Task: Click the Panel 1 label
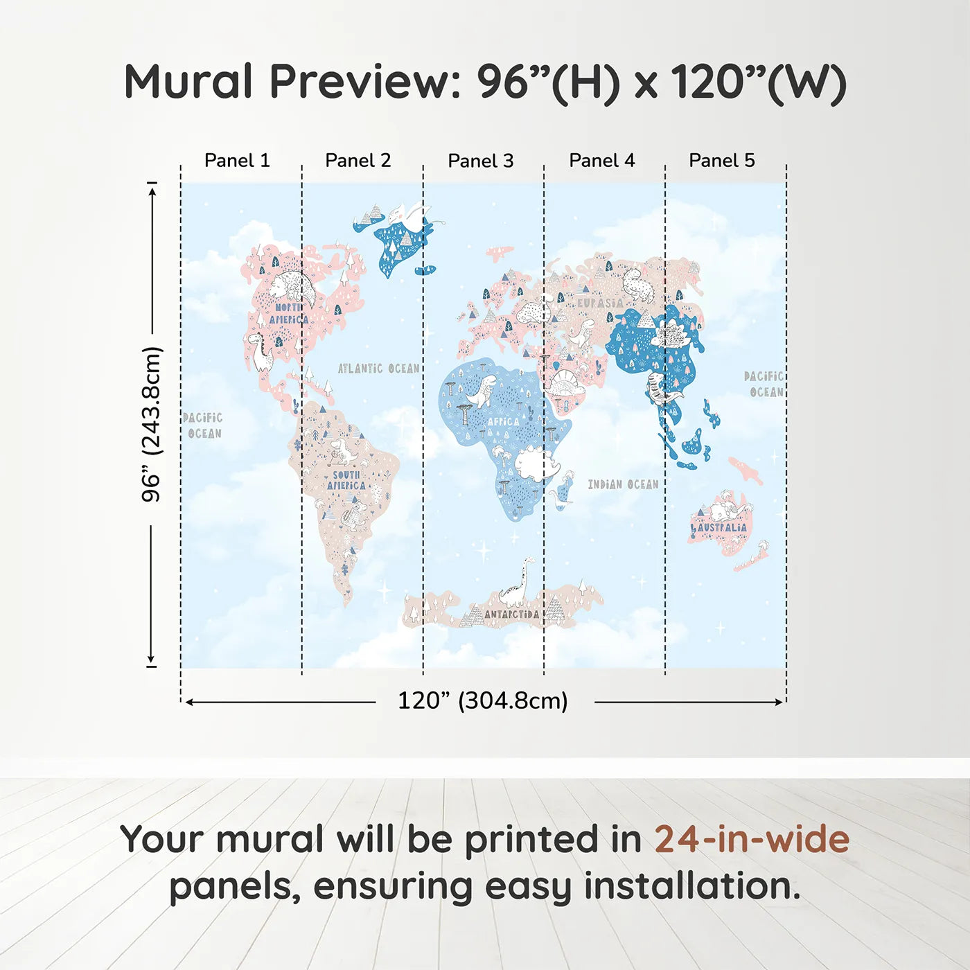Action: click(x=237, y=161)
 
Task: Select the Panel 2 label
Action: click(x=358, y=161)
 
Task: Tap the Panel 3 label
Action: click(x=480, y=161)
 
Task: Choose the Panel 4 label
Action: click(x=601, y=161)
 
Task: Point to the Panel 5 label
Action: click(x=721, y=161)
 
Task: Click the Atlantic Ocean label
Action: click(x=378, y=369)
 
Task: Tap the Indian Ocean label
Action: click(x=623, y=484)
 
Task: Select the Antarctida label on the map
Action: click(x=511, y=614)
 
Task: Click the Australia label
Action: click(x=722, y=527)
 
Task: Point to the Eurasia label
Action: click(x=600, y=303)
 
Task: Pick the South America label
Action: click(x=346, y=480)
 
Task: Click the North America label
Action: click(x=288, y=313)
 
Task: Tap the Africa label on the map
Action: click(x=503, y=421)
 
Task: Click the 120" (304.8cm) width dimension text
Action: click(x=482, y=700)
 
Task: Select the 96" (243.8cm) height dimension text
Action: click(x=151, y=424)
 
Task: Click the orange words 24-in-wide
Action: click(x=751, y=839)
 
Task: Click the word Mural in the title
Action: click(x=188, y=82)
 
